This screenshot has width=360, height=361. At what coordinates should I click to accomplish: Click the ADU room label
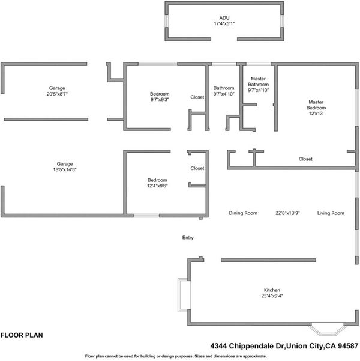[224, 18]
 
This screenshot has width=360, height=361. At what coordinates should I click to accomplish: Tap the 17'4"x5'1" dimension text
[224, 23]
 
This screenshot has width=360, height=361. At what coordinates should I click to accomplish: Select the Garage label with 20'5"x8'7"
[57, 88]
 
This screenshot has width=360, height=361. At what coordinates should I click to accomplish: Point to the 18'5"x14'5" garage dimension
[65, 169]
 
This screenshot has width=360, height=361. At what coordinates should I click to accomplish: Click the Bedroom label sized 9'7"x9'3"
[160, 94]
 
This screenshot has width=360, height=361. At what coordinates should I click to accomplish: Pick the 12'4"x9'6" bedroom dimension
[157, 186]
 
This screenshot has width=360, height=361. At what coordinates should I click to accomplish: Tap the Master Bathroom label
[258, 82]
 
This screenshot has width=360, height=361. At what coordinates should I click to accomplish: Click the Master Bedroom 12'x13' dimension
[316, 114]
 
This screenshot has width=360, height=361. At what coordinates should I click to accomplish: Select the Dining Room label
[243, 213]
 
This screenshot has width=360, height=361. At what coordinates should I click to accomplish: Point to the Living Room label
[331, 213]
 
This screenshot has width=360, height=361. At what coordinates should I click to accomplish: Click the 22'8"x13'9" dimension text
[287, 213]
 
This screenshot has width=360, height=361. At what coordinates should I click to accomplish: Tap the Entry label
[188, 238]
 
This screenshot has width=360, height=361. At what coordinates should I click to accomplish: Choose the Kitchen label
[272, 290]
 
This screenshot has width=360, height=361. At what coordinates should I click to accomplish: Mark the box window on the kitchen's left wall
[184, 295]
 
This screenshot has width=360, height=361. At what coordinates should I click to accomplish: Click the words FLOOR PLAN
[22, 335]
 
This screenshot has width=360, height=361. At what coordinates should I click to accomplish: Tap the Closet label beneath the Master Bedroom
[305, 159]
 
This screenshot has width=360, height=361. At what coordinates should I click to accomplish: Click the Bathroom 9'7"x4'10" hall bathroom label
[224, 91]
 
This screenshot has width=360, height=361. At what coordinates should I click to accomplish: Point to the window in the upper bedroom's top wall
[158, 64]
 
